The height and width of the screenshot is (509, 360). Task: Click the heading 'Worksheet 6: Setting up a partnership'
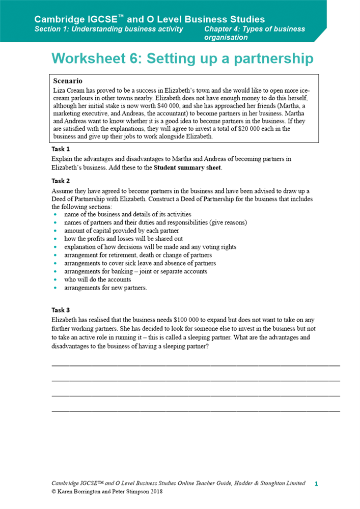tap(182, 59)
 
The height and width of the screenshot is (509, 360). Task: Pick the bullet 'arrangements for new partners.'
tap(105, 288)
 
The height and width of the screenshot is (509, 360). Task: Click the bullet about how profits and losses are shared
tap(123, 239)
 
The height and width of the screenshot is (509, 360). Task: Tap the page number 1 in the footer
tap(316, 484)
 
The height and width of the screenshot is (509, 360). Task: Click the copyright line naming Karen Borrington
tap(107, 492)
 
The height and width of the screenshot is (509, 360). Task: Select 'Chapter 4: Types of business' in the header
tap(255, 29)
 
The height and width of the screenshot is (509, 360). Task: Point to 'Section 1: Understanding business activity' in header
tap(108, 29)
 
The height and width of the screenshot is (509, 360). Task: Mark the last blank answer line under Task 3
tap(196, 410)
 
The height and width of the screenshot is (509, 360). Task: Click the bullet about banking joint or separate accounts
tap(135, 271)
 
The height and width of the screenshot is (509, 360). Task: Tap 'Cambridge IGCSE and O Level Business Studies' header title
tap(149, 19)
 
